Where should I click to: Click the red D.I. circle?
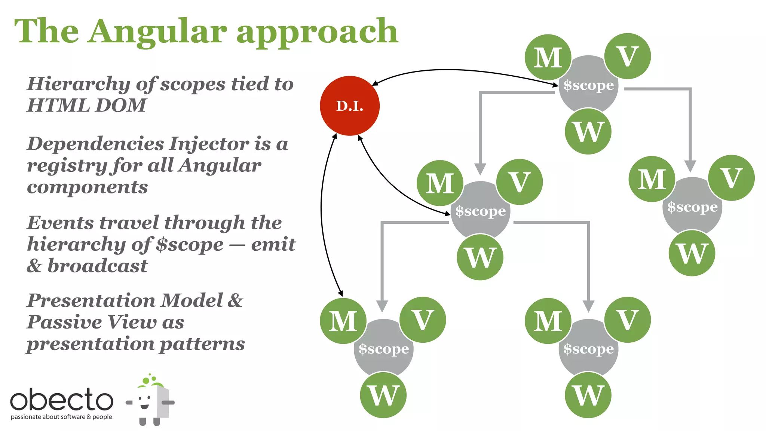coord(350,106)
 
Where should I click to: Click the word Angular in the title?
coord(158,31)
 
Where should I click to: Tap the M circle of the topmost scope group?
coord(548,57)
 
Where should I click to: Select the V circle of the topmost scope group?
coord(627,56)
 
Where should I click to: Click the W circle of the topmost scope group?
coord(588,131)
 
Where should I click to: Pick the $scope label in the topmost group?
coord(588,85)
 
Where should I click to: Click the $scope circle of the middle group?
coord(480,211)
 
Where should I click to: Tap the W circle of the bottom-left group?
coord(383,395)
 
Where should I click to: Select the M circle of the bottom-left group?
coord(343,321)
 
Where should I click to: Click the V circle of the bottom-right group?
coord(627,320)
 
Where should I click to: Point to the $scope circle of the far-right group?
coord(692,207)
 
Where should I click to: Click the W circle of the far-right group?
coord(692,253)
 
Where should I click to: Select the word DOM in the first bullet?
coord(120,105)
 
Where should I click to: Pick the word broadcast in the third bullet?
coord(97,266)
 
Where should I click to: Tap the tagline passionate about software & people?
coord(61,417)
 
